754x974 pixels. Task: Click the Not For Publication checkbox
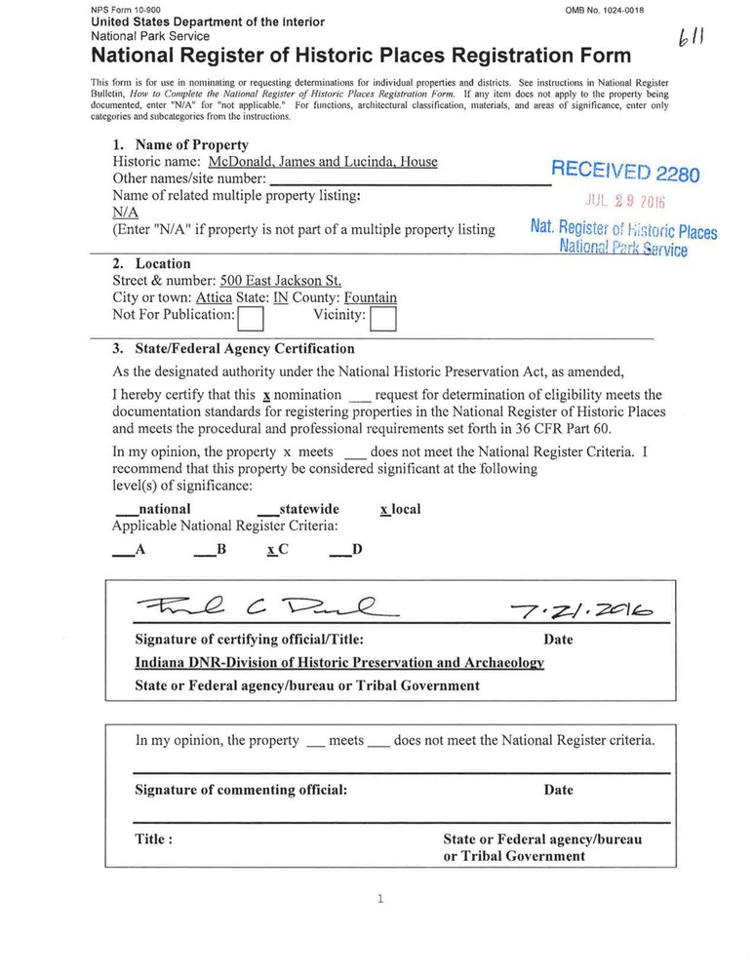click(252, 317)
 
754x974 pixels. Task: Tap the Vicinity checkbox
click(383, 317)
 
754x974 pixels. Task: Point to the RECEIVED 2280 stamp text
click(625, 173)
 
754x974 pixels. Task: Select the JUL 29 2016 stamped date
click(624, 203)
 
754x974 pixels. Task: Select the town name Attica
click(214, 297)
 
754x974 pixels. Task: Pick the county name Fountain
click(371, 297)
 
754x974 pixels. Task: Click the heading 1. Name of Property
click(180, 144)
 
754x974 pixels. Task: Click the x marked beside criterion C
click(270, 550)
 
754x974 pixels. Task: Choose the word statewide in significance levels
click(308, 509)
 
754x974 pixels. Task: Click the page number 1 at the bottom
click(379, 899)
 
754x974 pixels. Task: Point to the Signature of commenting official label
click(241, 790)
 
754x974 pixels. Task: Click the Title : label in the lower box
click(154, 838)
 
